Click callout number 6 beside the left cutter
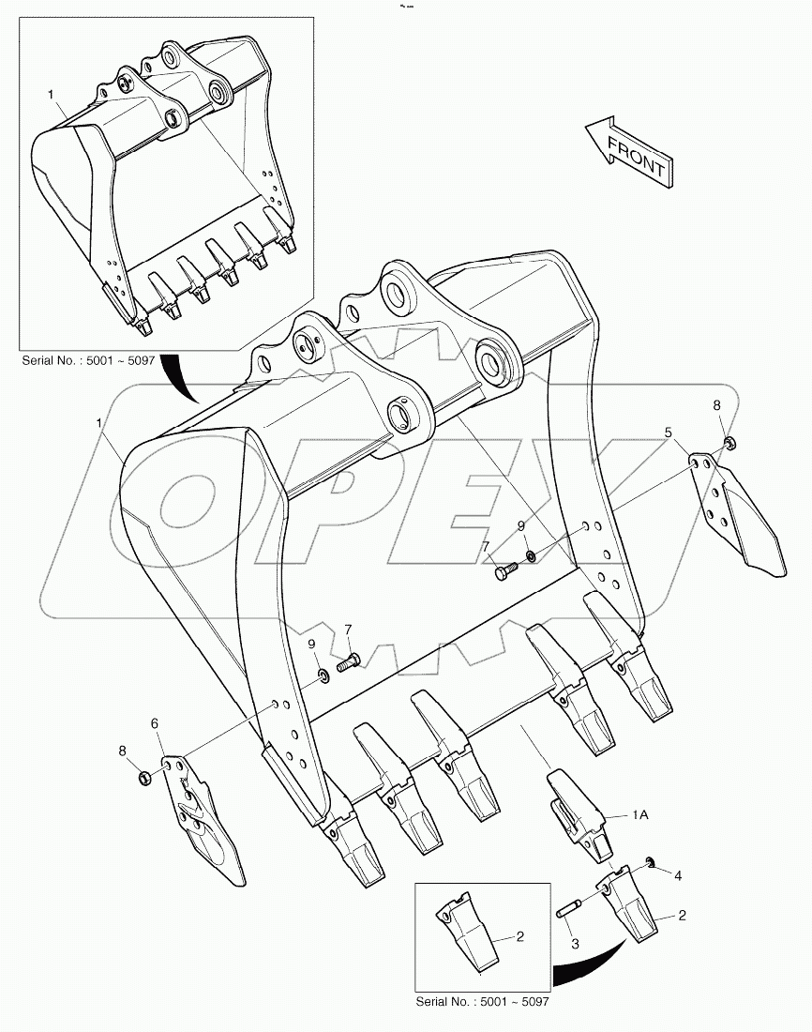pyautogui.click(x=156, y=724)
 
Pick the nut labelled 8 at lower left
pyautogui.click(x=145, y=777)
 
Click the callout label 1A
pyautogui.click(x=639, y=816)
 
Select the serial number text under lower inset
pyautogui.click(x=482, y=1003)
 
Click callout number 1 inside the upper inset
pyautogui.click(x=52, y=95)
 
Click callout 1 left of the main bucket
pyautogui.click(x=99, y=424)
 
